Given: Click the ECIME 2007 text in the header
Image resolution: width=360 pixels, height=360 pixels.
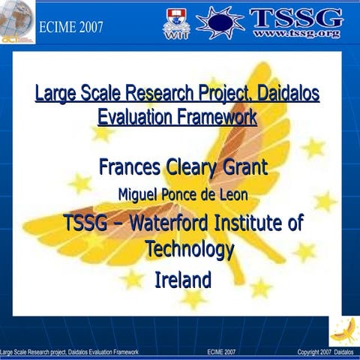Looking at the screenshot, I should (71, 28).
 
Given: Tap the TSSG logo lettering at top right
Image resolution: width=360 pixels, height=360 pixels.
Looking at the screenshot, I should (297, 17).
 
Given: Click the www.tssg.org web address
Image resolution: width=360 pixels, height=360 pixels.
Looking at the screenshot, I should (297, 34).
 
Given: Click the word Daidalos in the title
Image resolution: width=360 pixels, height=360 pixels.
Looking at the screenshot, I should (288, 94).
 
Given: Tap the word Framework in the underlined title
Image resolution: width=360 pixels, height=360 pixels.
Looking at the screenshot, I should (217, 118).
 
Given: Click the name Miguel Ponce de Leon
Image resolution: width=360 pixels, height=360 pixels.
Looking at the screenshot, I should (184, 194).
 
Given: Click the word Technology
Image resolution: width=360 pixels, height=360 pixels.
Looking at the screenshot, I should (190, 249).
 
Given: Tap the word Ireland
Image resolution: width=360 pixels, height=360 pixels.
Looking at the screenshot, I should (182, 280).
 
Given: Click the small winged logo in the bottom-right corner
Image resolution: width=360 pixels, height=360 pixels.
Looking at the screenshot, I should (343, 329).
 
